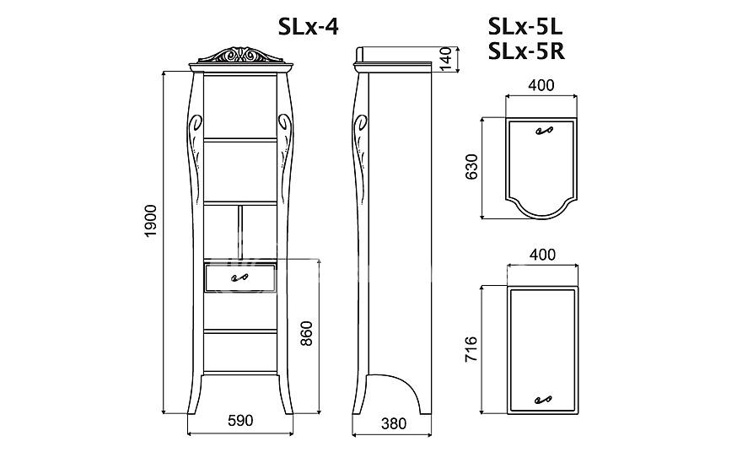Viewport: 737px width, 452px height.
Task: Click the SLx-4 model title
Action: pos(308,28)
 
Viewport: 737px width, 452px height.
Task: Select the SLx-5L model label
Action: pos(525,28)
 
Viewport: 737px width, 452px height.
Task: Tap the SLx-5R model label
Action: pos(526,51)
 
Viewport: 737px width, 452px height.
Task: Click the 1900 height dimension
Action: pos(150,221)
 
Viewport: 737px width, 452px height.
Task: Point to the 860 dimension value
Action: pos(306,333)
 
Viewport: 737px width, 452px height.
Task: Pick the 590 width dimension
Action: pos(240,420)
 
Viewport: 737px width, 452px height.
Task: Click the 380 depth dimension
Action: pos(394,424)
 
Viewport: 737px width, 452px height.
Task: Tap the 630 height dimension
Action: pos(471,167)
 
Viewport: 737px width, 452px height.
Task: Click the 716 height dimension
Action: pos(471,348)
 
